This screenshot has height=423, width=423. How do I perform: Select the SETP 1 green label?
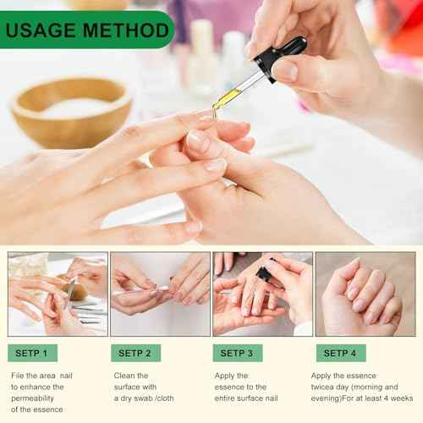coord(33,353)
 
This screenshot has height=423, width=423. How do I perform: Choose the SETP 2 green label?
coord(135,353)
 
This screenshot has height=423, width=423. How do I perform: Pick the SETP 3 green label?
coord(237,353)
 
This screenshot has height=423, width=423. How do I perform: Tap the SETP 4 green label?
coord(341,353)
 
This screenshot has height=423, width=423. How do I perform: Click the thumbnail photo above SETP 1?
coord(58,294)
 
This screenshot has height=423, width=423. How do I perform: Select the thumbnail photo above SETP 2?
coord(160,294)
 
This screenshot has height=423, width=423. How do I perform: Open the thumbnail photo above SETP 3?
coord(262,294)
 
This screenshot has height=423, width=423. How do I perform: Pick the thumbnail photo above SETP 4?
coord(365,294)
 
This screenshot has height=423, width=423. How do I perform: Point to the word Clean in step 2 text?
coord(125,375)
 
